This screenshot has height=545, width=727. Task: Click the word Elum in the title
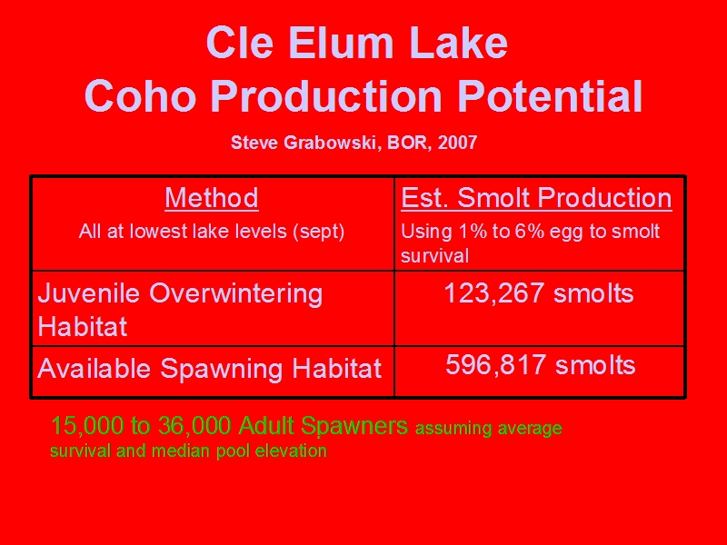point(341,43)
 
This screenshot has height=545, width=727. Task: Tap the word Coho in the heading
point(140,96)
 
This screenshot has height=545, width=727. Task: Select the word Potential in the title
point(551,96)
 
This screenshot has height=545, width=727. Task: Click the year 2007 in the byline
point(457,143)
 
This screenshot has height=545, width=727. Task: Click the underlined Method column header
point(212,198)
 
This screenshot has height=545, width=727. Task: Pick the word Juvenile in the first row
point(88,293)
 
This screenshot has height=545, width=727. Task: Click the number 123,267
point(494,292)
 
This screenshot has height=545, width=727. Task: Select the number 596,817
point(495,365)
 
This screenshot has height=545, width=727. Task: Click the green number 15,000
point(87,425)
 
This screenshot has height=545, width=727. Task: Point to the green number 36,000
point(194,425)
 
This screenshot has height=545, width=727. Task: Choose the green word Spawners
point(354,426)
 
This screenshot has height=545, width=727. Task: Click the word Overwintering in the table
point(236,293)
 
